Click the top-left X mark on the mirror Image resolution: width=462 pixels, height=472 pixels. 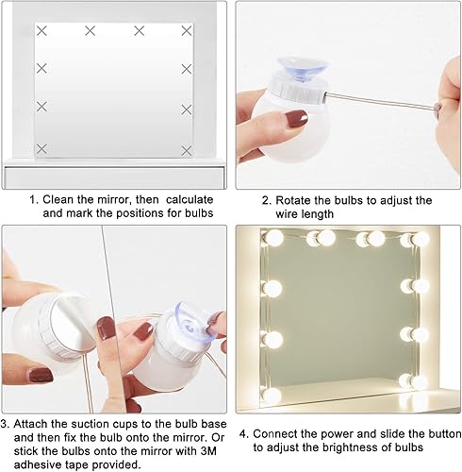pyautogui.click(x=41, y=31)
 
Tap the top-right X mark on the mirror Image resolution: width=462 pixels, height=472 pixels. pyautogui.click(x=187, y=31)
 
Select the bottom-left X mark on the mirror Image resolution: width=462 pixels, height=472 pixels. pyautogui.click(x=41, y=149)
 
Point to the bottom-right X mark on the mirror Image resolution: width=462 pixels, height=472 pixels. pyautogui.click(x=187, y=150)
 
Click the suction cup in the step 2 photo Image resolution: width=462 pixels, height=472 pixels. pyautogui.click(x=302, y=70)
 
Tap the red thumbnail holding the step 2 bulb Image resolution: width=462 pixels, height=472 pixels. pyautogui.click(x=297, y=119)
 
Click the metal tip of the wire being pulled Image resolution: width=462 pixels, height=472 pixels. pyautogui.click(x=437, y=108)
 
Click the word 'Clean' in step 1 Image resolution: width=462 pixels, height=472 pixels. pyautogui.click(x=58, y=199)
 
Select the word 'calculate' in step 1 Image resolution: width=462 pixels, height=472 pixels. pyautogui.click(x=190, y=199)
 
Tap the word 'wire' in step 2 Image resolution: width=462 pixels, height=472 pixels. pyautogui.click(x=287, y=214)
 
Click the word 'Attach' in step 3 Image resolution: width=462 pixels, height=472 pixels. pyautogui.click(x=30, y=424)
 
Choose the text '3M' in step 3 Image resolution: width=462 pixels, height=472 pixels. pyautogui.click(x=208, y=451)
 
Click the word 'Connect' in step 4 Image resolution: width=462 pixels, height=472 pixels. pyautogui.click(x=274, y=434)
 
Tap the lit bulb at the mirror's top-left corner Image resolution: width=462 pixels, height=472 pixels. pyautogui.click(x=272, y=238)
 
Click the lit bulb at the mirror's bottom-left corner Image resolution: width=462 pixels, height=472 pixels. pyautogui.click(x=271, y=395)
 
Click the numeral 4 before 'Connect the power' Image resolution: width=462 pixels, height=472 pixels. pyautogui.click(x=242, y=434)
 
